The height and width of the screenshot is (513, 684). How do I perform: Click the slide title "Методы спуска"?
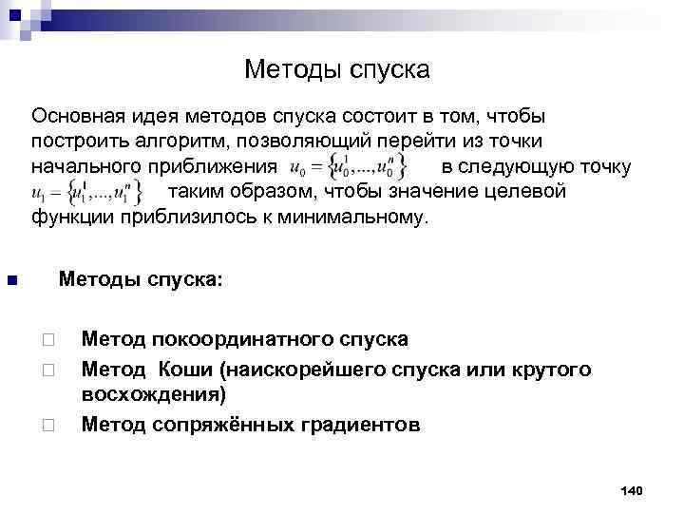337,69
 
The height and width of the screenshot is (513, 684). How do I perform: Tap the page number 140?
631,490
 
